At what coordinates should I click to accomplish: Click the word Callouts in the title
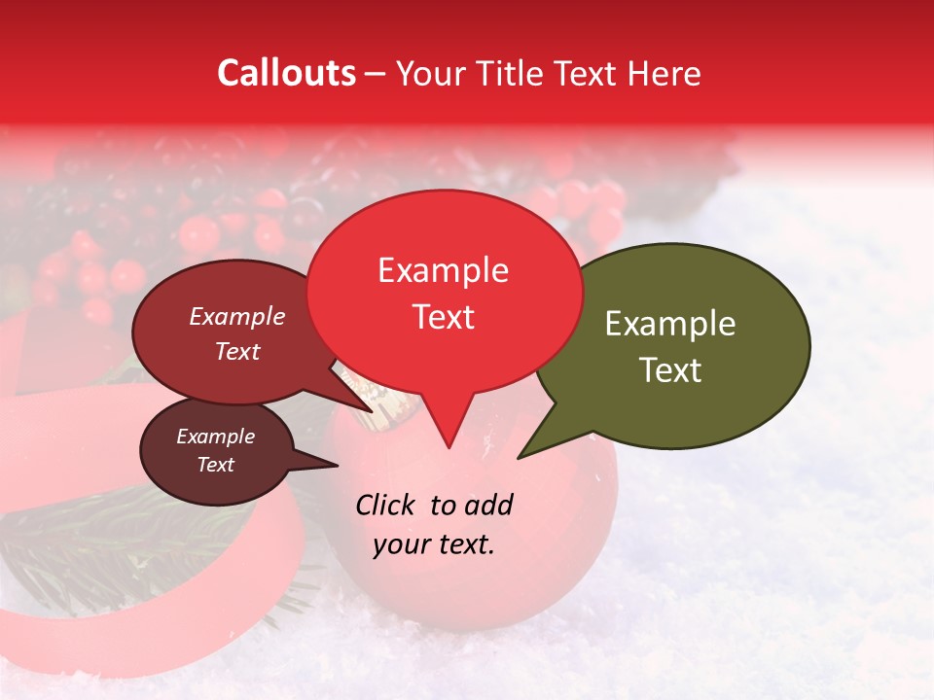[286, 73]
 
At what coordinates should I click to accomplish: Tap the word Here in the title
[665, 73]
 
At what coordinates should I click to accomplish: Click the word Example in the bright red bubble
[443, 270]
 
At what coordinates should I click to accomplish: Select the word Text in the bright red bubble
[443, 317]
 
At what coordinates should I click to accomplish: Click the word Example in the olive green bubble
[670, 324]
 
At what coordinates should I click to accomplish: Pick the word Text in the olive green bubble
[670, 370]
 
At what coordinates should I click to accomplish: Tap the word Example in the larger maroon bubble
[237, 316]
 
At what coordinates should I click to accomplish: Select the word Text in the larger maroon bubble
[237, 351]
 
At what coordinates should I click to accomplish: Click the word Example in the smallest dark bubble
[215, 437]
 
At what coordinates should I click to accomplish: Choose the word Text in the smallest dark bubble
[215, 465]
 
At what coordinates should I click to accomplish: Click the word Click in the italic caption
[386, 505]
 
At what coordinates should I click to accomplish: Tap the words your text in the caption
[434, 544]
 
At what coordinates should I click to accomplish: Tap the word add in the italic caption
[488, 505]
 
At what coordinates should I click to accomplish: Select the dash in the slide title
[376, 74]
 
